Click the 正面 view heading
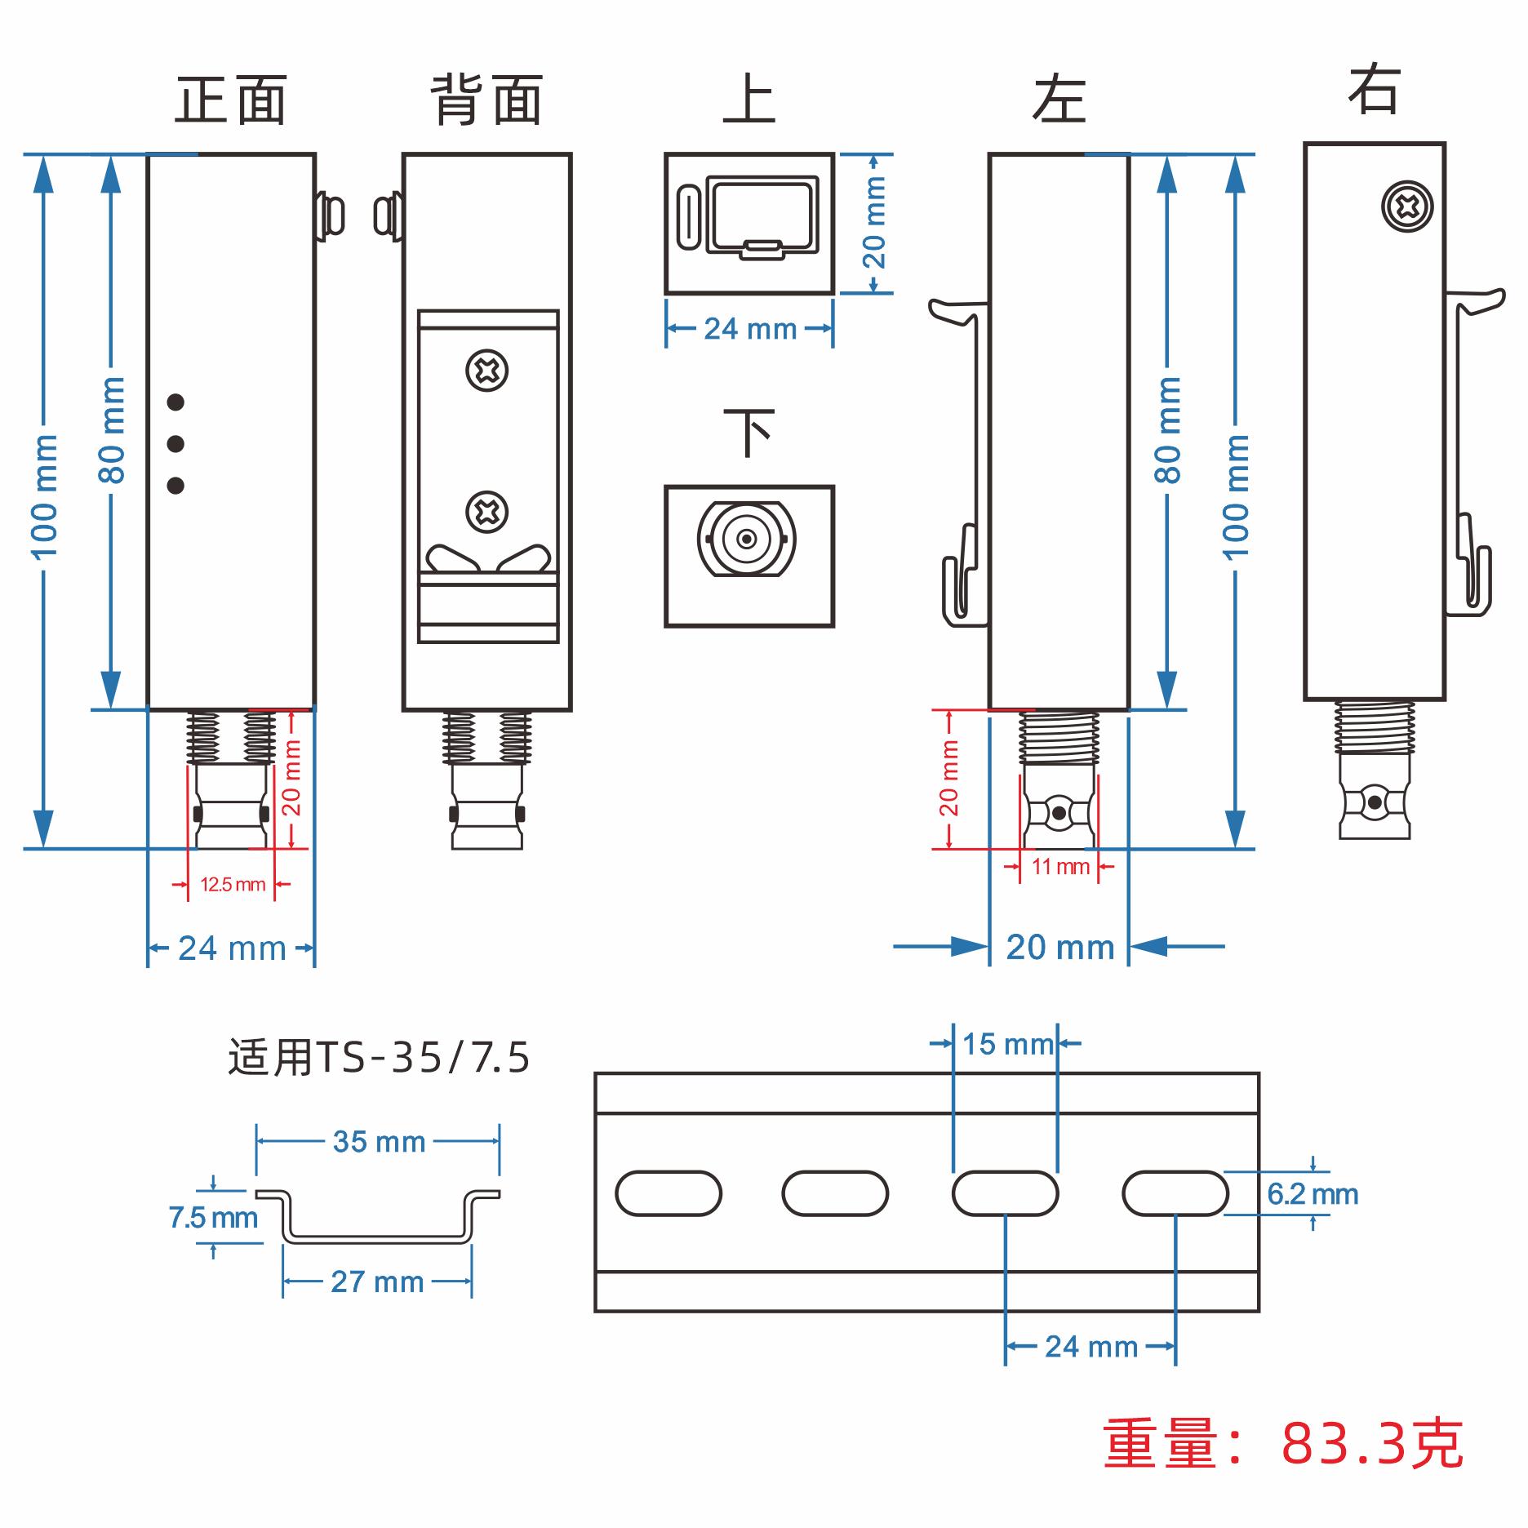click(x=231, y=101)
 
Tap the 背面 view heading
click(x=486, y=101)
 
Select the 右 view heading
click(x=1374, y=90)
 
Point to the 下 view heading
click(x=748, y=433)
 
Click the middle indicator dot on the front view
click(x=175, y=444)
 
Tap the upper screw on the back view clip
click(x=486, y=371)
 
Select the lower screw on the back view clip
click(x=486, y=513)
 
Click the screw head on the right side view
click(x=1407, y=207)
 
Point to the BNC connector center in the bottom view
click(x=746, y=539)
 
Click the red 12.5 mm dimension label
click(x=233, y=885)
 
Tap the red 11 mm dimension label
click(x=1060, y=867)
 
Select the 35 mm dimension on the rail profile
click(x=379, y=1142)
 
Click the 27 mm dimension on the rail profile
click(x=377, y=1282)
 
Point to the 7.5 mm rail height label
click(x=213, y=1218)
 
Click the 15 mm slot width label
click(x=1007, y=1044)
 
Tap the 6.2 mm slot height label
click(x=1313, y=1194)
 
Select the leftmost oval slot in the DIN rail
click(x=668, y=1193)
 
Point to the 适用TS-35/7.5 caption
click(x=379, y=1058)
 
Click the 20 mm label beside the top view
click(x=874, y=223)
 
